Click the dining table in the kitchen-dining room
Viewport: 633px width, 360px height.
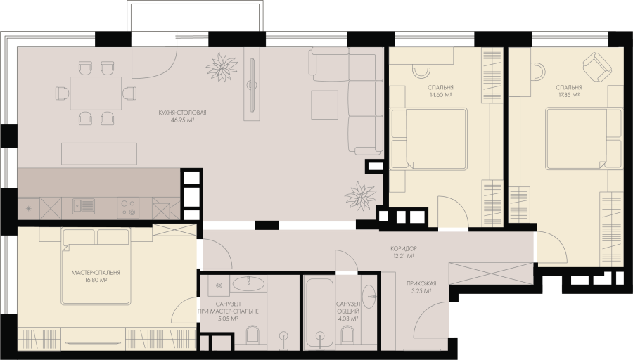pos(96,94)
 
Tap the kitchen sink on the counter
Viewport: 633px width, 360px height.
pos(84,206)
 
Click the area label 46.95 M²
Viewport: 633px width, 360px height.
pos(183,120)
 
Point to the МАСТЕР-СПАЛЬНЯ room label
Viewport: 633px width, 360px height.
pos(96,273)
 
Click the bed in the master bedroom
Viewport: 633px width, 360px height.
pos(95,266)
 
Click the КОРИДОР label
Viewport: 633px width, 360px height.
pos(404,249)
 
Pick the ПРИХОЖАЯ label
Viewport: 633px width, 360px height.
pos(421,283)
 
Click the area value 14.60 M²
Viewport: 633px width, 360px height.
pos(440,95)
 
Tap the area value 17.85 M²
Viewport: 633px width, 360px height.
pos(568,95)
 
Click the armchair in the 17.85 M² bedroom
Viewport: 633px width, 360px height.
pos(597,67)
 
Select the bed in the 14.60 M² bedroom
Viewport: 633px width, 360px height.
pos(429,139)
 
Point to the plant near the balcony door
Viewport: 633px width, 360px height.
pos(222,67)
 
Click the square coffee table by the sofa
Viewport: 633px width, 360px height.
pos(324,105)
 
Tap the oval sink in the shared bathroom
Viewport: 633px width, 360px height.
pos(369,297)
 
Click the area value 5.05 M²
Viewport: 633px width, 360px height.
pos(228,319)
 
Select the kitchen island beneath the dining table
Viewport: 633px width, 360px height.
pos(99,153)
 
